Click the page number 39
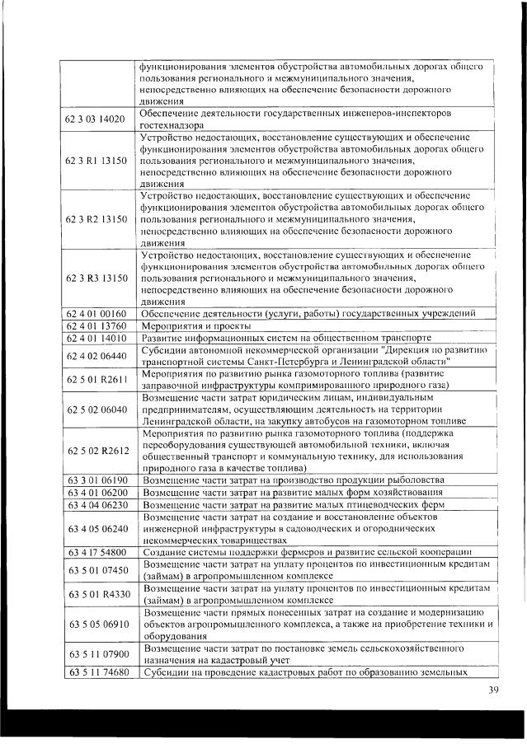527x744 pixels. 492,690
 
